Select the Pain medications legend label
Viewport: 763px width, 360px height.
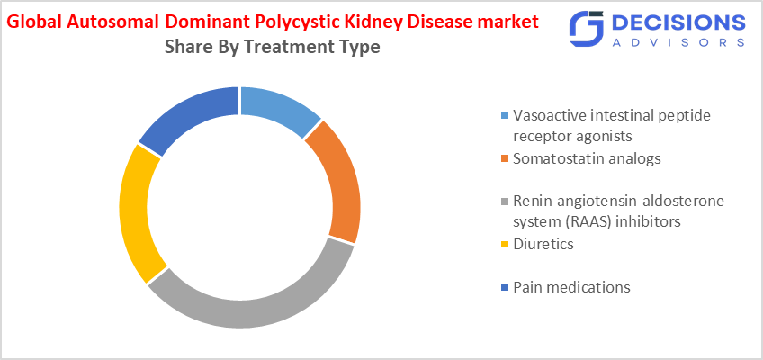[571, 287]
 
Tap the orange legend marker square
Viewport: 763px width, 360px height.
[505, 159]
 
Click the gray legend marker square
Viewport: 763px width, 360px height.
[505, 202]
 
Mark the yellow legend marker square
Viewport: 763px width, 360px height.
[505, 245]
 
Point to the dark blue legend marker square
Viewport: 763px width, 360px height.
[505, 288]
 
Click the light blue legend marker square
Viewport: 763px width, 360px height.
[505, 116]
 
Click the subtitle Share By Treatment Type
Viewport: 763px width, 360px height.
[273, 47]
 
